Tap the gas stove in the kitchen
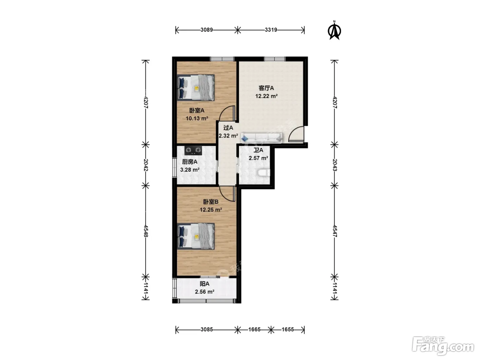pyautogui.click(x=193, y=151)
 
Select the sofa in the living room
pyautogui.click(x=262, y=138)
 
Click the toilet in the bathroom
pyautogui.click(x=263, y=173)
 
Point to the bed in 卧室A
pyautogui.click(x=195, y=88)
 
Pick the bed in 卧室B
pyautogui.click(x=195, y=236)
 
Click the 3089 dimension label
pyautogui.click(x=207, y=30)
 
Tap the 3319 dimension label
pyautogui.click(x=271, y=30)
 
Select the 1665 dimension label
pyautogui.click(x=254, y=329)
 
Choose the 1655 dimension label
pyautogui.click(x=288, y=329)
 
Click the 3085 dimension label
pyautogui.click(x=207, y=329)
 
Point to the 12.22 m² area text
pyautogui.click(x=266, y=96)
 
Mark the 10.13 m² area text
pyautogui.click(x=197, y=119)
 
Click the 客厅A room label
pyautogui.click(x=266, y=88)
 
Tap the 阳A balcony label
pyautogui.click(x=204, y=284)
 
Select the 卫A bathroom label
pyautogui.click(x=258, y=150)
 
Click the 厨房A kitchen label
pyautogui.click(x=190, y=162)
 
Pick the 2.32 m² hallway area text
pyautogui.click(x=228, y=136)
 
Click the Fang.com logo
pyautogui.click(x=443, y=346)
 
